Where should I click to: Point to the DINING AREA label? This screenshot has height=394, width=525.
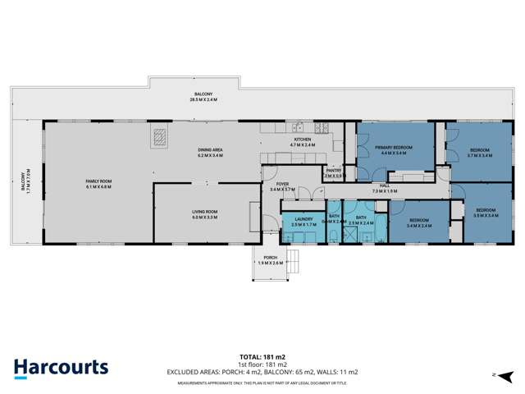coord(211,149)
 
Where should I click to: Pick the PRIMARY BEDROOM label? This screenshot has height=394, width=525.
coord(394,147)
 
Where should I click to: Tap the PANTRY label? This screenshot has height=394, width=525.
coord(334,170)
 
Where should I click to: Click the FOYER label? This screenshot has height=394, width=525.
coord(281,184)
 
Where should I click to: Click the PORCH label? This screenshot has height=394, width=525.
coord(270,258)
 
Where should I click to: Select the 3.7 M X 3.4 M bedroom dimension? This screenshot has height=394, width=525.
coord(480,154)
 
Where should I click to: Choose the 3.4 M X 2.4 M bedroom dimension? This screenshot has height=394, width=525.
coord(419,226)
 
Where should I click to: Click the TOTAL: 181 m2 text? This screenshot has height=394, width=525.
coord(262,357)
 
